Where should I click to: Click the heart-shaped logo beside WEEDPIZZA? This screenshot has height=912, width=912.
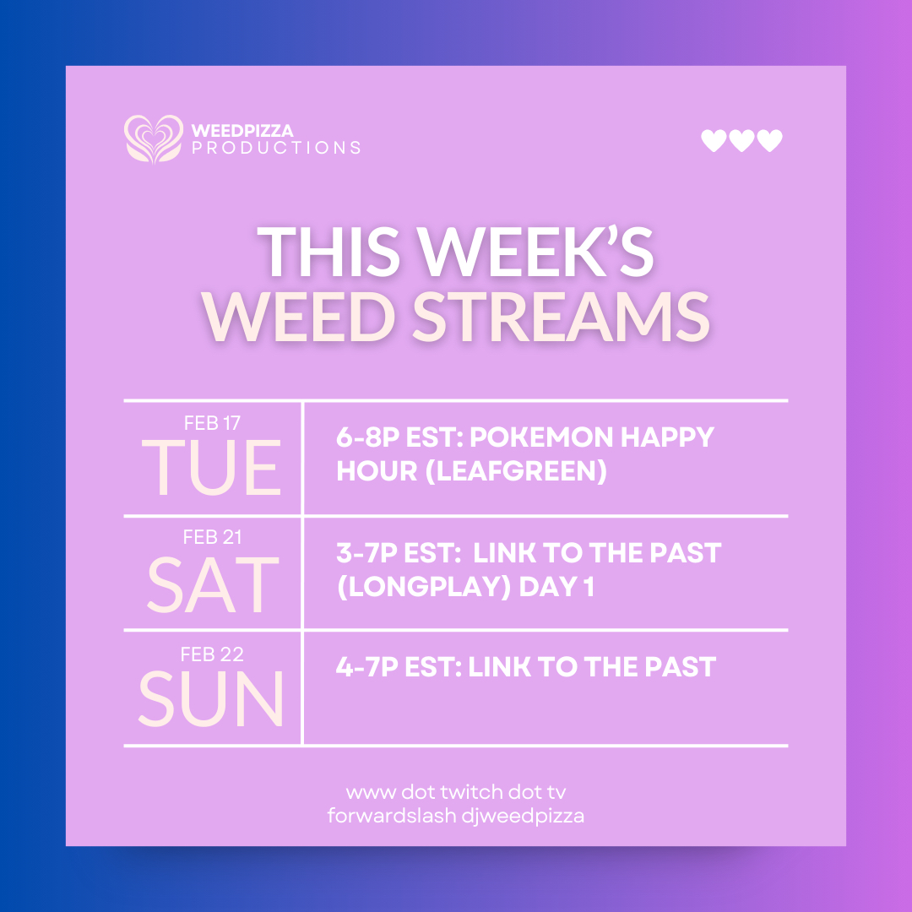pyautogui.click(x=154, y=139)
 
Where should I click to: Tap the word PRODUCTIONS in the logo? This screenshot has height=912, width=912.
pyautogui.click(x=276, y=148)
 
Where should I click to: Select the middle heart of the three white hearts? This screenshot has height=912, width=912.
pyautogui.click(x=741, y=140)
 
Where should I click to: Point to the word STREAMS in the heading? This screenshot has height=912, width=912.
pyautogui.click(x=562, y=317)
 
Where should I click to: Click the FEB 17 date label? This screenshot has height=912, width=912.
pyautogui.click(x=212, y=423)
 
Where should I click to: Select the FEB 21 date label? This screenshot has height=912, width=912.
pyautogui.click(x=212, y=537)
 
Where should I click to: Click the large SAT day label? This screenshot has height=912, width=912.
pyautogui.click(x=213, y=584)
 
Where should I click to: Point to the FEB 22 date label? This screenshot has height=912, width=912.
pyautogui.click(x=212, y=654)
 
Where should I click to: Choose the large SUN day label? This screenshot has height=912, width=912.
pyautogui.click(x=211, y=698)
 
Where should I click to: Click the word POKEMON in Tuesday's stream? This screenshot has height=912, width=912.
pyautogui.click(x=541, y=437)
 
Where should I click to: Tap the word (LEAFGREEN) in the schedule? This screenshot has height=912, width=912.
pyautogui.click(x=516, y=470)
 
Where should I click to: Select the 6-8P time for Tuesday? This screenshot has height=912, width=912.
pyautogui.click(x=367, y=437)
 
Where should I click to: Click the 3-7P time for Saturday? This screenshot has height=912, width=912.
pyautogui.click(x=367, y=552)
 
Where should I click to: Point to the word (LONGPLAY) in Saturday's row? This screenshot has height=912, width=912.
pyautogui.click(x=424, y=586)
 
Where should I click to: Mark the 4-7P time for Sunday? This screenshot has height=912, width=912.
pyautogui.click(x=367, y=667)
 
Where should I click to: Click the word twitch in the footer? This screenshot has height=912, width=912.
pyautogui.click(x=471, y=792)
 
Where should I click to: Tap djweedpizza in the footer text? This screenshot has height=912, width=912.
pyautogui.click(x=523, y=817)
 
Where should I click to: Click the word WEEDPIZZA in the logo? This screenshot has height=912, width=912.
pyautogui.click(x=242, y=130)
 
